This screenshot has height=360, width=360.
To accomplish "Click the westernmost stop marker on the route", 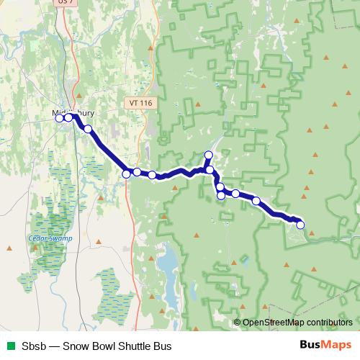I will click(60, 119).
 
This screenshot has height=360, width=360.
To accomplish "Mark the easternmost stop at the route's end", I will click(300, 225).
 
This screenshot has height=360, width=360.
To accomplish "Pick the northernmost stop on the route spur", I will click(209, 155).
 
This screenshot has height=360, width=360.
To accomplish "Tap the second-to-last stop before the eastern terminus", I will click(256, 201).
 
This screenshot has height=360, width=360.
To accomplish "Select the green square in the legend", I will click(10, 345).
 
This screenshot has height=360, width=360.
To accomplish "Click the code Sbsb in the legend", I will click(34, 345).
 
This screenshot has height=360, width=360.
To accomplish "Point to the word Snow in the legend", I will click(76, 345).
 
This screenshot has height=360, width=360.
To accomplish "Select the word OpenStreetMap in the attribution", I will click(272, 323).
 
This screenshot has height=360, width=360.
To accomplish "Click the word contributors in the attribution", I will click(328, 323).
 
